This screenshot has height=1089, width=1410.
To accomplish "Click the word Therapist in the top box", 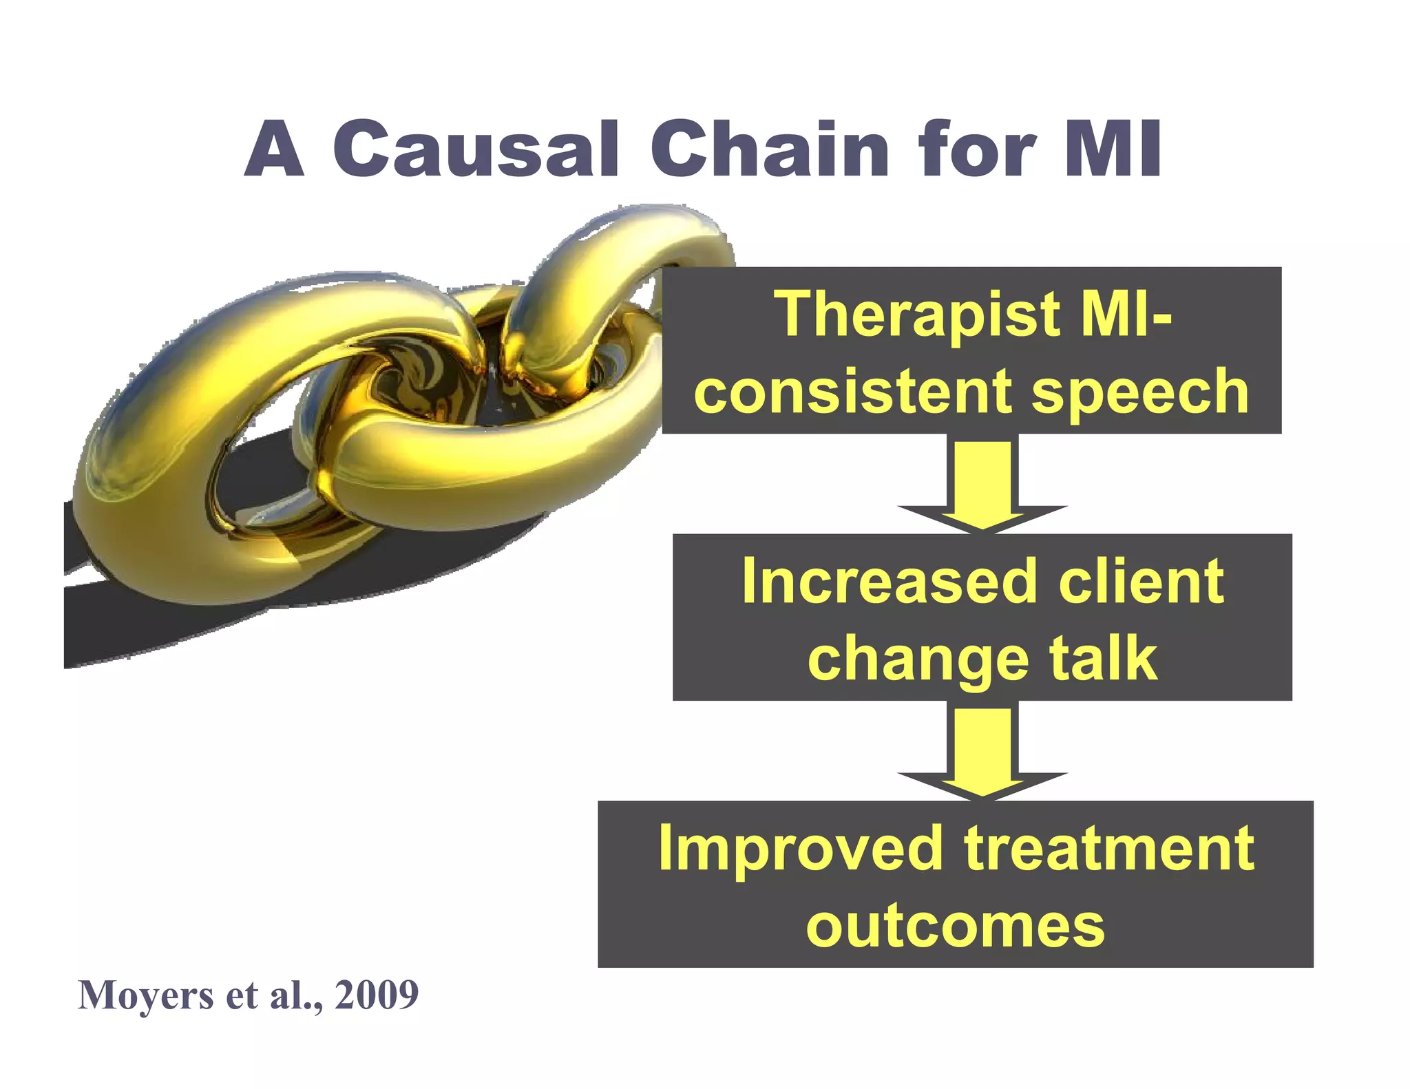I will [x=918, y=315].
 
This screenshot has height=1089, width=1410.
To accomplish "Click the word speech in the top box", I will [x=1140, y=392].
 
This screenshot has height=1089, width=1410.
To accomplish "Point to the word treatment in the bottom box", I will [x=1108, y=849].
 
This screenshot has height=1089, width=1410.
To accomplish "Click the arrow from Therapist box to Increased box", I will [x=982, y=485].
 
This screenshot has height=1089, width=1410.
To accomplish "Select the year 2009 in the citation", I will [x=377, y=995].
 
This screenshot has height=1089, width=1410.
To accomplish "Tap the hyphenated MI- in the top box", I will [x=1126, y=315].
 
